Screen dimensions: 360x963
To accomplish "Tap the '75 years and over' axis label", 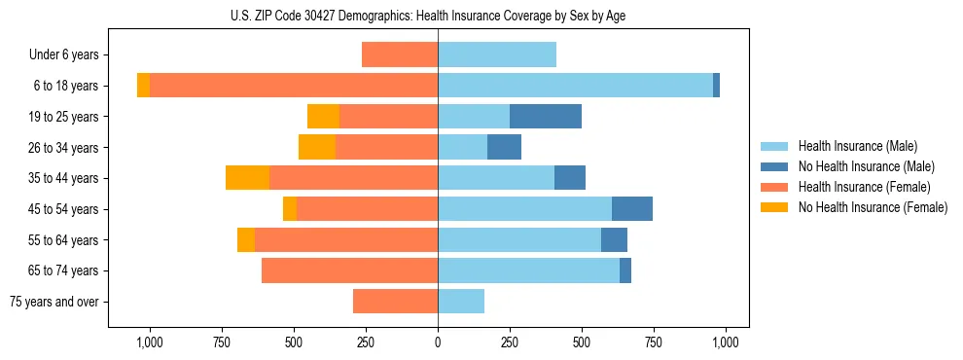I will click(x=53, y=302).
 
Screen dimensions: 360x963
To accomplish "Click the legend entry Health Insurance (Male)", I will click(x=857, y=146).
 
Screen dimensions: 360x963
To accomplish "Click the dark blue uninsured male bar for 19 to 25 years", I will click(x=546, y=117).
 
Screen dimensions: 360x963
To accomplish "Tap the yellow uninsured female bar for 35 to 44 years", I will click(x=247, y=178).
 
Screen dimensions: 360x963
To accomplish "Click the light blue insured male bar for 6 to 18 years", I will click(x=575, y=86).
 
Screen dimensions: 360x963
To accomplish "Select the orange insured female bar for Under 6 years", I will click(x=400, y=54).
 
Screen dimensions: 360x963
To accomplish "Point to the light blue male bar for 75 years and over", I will click(x=461, y=302).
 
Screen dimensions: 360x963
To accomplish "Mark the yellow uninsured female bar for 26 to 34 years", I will click(x=317, y=147).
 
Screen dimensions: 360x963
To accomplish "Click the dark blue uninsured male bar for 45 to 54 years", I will click(x=632, y=209).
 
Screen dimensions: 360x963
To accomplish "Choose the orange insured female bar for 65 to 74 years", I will click(x=349, y=270).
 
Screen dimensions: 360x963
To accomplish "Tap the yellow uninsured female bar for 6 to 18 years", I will click(x=143, y=86).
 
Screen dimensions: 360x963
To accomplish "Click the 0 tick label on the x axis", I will click(x=438, y=342).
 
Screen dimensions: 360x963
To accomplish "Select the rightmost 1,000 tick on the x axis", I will click(x=726, y=342).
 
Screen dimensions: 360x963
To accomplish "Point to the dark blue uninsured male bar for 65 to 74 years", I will click(x=625, y=270).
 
